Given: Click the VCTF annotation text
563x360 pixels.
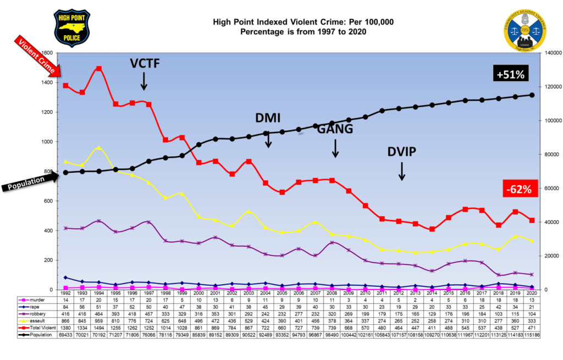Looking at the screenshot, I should pos(144,64).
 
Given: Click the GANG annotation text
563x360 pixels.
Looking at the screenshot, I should pos(335,129).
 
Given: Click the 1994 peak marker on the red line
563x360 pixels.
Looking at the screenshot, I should pos(99,69).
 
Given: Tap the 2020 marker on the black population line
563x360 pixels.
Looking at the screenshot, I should pos(532,95).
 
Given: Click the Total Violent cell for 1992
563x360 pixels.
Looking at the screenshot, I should pos(65,326).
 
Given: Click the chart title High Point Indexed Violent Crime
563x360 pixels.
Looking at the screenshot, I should pos(303,23).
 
